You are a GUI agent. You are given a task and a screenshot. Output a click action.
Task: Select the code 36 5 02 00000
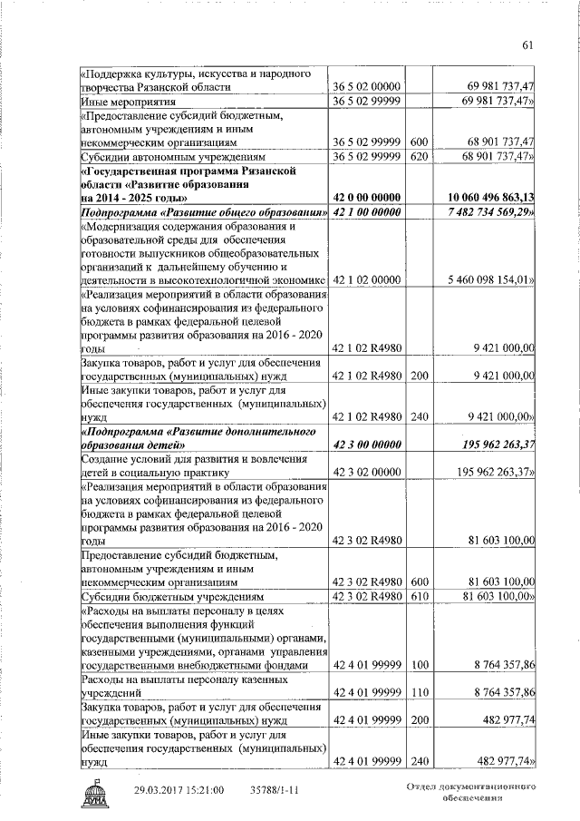369,87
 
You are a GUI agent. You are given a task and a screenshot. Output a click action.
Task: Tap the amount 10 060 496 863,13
490,197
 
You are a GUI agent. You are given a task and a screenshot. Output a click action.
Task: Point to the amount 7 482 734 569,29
490,212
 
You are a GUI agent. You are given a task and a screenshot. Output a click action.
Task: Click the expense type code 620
419,157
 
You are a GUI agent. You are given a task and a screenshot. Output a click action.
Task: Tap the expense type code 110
419,692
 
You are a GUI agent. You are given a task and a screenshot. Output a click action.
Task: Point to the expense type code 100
419,666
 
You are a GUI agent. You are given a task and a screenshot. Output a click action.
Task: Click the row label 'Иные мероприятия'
124,102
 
